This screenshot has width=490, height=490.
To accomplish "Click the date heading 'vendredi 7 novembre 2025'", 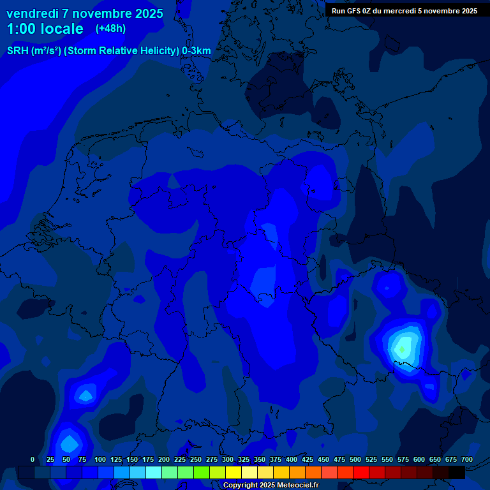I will tap(85, 13).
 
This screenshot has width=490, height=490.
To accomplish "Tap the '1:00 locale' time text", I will tap(45, 29).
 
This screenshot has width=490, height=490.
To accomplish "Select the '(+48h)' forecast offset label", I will tap(110, 29).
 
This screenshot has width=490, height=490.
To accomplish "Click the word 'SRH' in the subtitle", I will tap(18, 51).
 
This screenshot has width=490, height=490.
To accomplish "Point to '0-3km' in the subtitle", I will tap(197, 51).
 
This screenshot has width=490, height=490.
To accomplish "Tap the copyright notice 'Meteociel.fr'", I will tap(294, 486).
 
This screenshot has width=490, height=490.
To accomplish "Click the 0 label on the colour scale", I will tap(33, 459).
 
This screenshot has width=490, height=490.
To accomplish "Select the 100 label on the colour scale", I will tap(100, 459).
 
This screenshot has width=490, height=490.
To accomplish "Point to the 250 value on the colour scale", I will tap(196, 459).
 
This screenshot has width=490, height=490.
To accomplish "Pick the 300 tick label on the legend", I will tap(228, 459).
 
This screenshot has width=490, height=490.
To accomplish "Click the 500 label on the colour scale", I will tap(355, 459).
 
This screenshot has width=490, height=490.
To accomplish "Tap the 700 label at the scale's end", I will tap(467, 459).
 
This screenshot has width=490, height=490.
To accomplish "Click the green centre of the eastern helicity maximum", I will tap(403, 349).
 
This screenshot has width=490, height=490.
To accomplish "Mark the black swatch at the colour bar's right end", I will tap(457, 472).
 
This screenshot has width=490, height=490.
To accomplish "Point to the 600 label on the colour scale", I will tap(419, 459).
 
